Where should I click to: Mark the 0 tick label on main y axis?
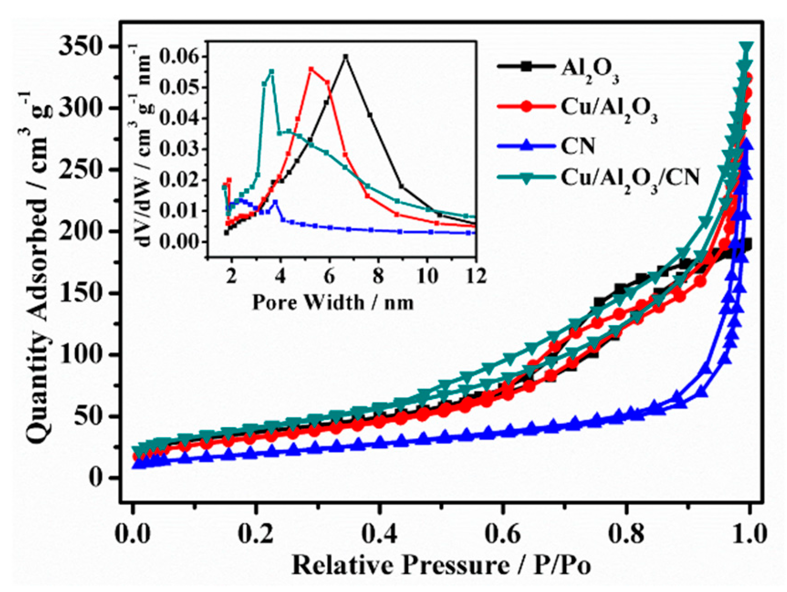pyautogui.click(x=97, y=478)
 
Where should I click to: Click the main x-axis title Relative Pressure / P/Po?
pyautogui.click(x=441, y=566)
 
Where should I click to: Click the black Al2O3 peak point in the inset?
pyautogui.click(x=346, y=57)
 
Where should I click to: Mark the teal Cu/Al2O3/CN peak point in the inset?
pyautogui.click(x=271, y=71)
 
